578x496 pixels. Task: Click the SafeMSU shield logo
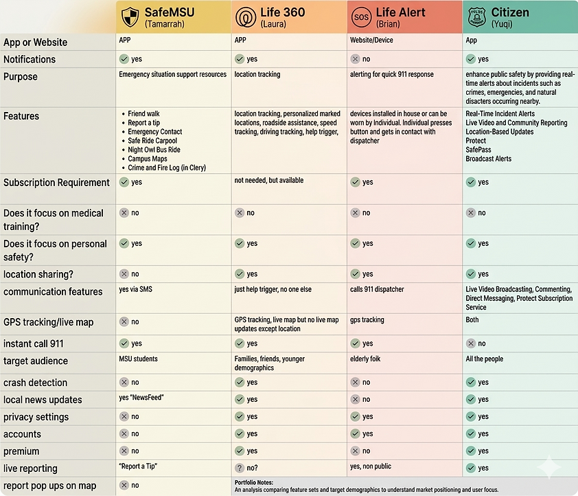point(130,17)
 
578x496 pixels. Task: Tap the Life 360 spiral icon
point(246,17)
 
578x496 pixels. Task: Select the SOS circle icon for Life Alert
point(361,17)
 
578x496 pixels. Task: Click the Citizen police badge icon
point(476,17)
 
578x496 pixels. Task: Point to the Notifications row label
point(30,59)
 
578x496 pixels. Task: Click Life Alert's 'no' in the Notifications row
point(366,59)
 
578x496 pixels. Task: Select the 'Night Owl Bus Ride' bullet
point(154,150)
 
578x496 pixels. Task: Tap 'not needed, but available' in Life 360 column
point(268,180)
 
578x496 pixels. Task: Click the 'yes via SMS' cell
point(135,289)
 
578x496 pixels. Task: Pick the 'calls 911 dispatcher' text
point(377,289)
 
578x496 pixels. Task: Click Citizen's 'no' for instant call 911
point(482,343)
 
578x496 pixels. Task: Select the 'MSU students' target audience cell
point(138,359)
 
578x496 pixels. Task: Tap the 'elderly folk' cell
point(365,359)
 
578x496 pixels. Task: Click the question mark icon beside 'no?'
point(240,468)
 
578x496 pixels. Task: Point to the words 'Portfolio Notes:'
point(253,482)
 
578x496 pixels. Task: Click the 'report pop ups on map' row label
point(49,486)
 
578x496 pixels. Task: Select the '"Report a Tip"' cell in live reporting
point(138,466)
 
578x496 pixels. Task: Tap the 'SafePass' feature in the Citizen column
point(478,150)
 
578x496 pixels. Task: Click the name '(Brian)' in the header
point(388,24)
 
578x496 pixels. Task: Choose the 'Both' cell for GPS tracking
point(472,319)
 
